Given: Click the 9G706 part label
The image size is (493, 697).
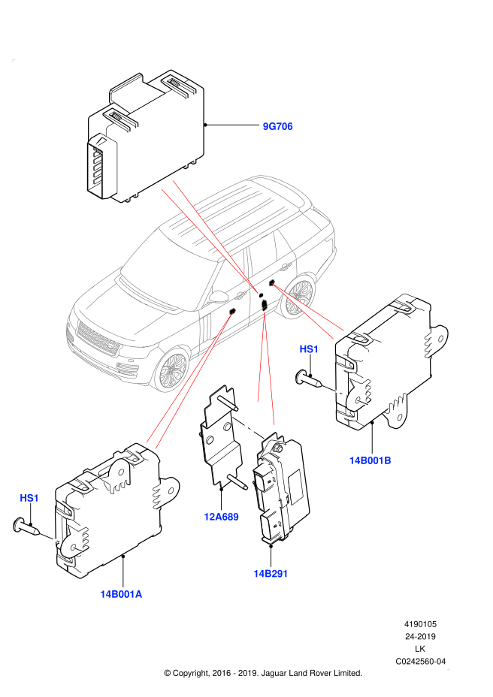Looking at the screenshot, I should (277, 126).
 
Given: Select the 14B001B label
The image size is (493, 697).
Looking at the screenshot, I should (370, 460).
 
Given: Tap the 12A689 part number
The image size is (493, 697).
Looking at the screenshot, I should (221, 517).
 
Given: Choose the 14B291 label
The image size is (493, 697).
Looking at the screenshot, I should (271, 574).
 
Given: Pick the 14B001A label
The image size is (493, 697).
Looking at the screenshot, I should (121, 594).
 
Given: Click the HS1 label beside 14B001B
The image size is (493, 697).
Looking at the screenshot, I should (309, 349).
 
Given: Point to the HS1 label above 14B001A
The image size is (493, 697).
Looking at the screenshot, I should (29, 498).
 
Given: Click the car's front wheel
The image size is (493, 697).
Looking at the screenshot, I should (172, 369).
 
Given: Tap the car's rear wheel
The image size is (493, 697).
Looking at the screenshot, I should (298, 297).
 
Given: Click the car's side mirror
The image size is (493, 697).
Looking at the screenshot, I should (219, 297).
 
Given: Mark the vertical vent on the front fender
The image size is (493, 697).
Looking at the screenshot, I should (204, 329).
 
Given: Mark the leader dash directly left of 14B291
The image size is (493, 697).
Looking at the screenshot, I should (247, 427).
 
